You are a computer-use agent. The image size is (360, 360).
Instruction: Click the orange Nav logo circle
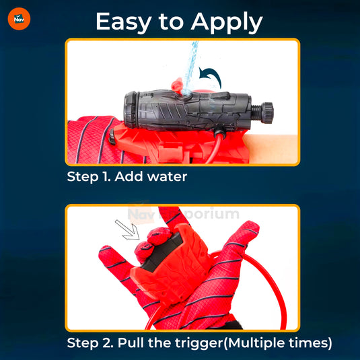coord(19,19)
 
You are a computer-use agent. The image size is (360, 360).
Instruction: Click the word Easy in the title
coord(123,22)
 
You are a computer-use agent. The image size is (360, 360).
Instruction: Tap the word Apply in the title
coord(227,22)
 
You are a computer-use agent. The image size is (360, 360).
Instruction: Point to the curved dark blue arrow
coord(210,77)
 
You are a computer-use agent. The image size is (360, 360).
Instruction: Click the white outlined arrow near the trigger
coord(128,230)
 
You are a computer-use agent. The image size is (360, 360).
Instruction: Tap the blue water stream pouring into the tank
coord(191,67)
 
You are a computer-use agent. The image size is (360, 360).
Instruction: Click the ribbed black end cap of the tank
coord(131,110)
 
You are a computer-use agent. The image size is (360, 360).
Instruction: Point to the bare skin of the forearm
coord(271,149)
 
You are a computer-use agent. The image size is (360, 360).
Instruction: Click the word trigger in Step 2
coord(199,343)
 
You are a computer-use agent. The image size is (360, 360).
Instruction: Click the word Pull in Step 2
coord(131,343)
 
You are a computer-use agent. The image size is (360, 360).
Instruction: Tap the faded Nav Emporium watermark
coord(184,213)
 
